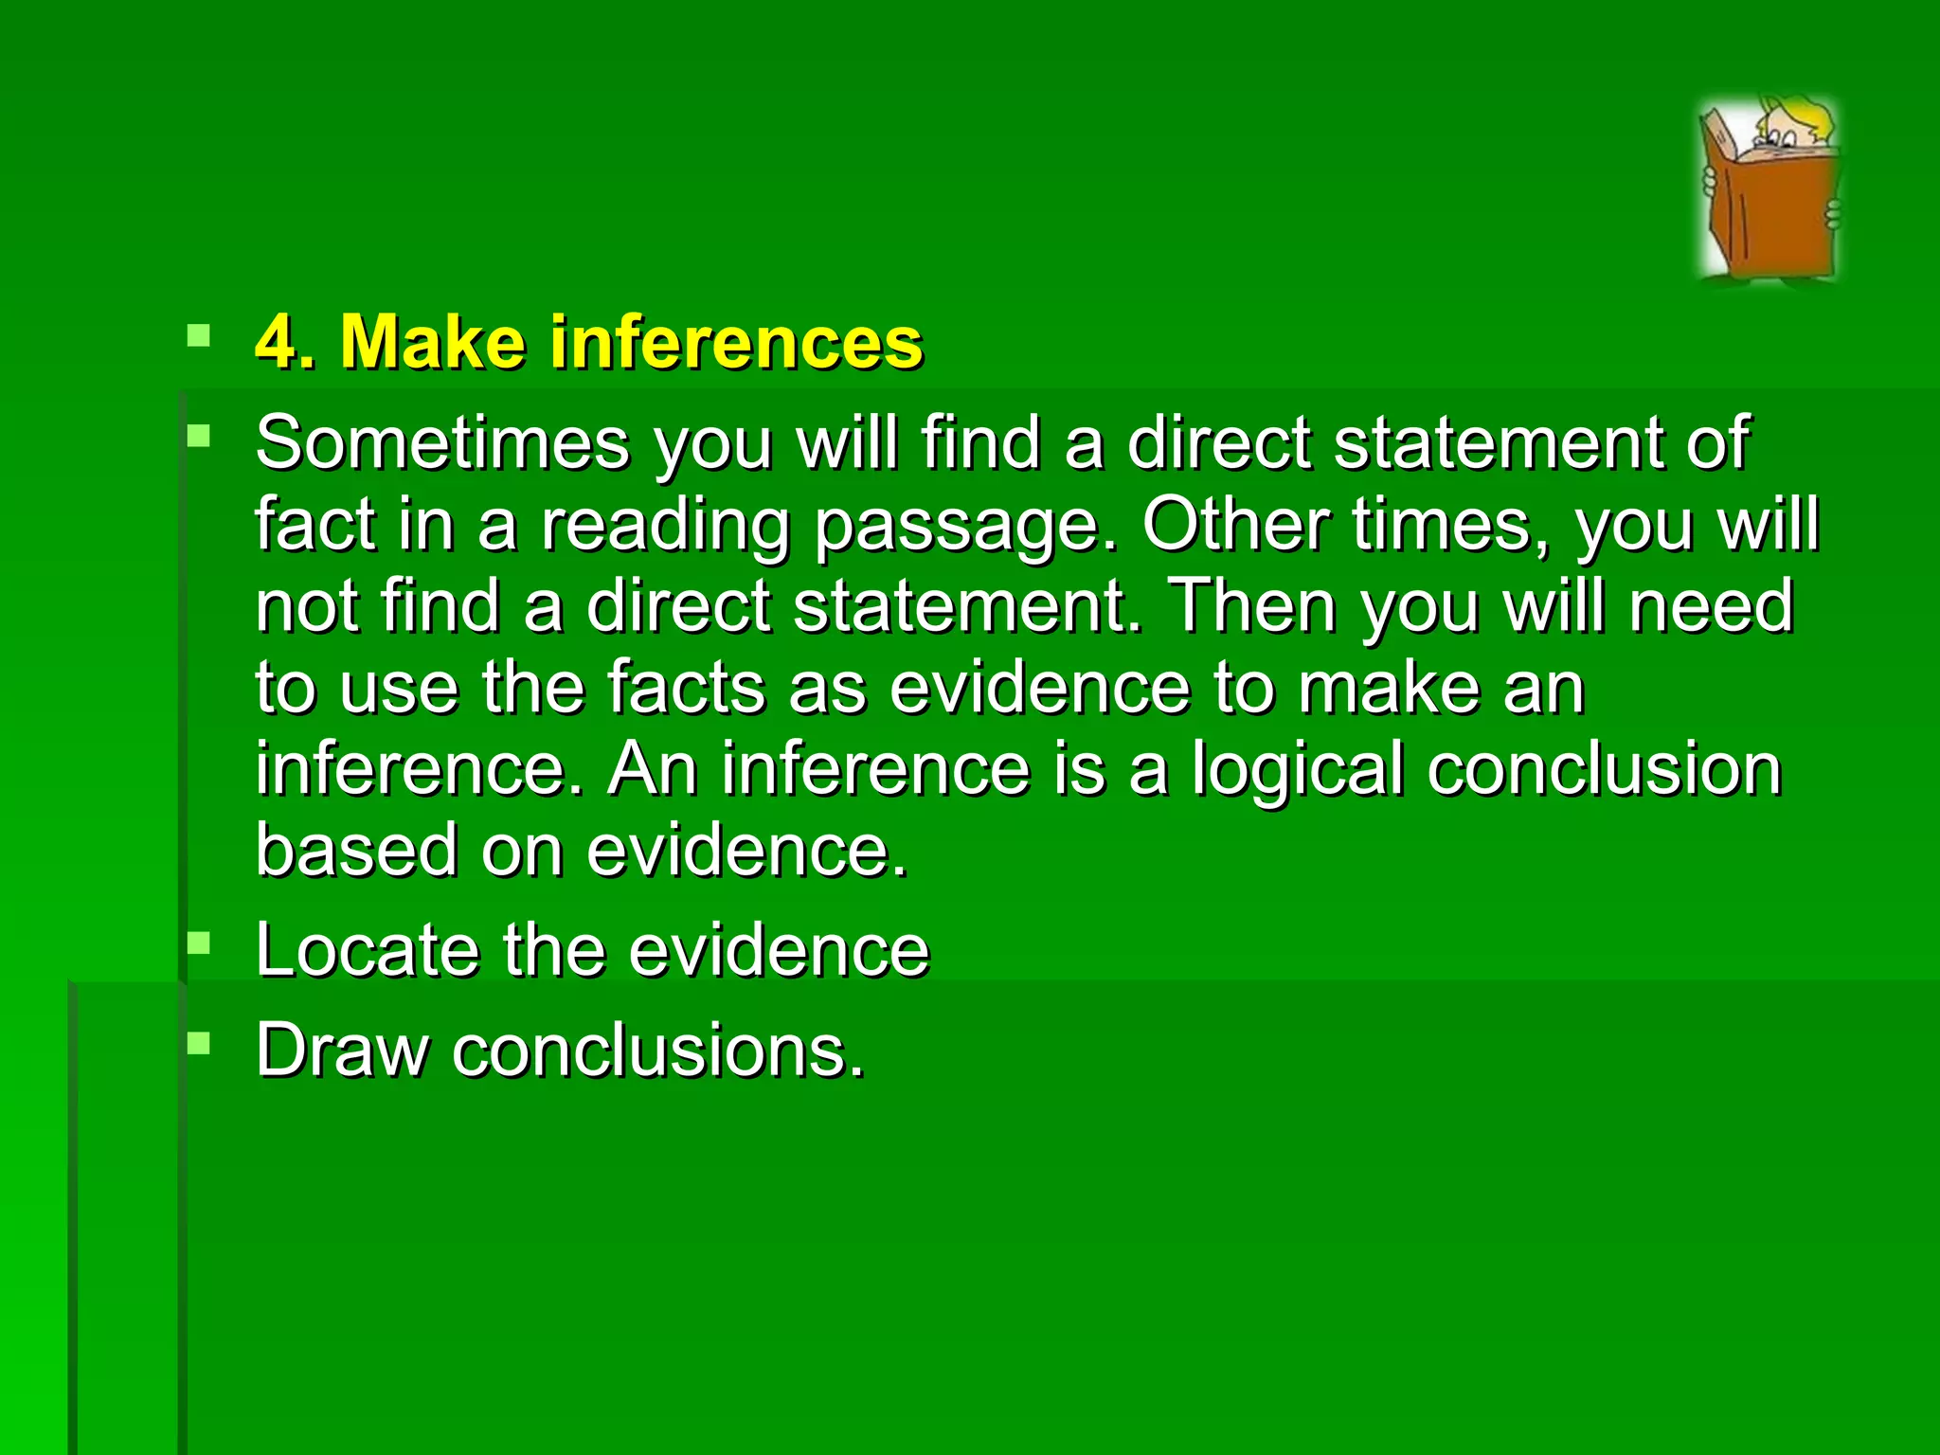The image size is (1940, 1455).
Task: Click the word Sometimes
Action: pos(442,442)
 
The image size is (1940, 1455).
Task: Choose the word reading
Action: pos(665,527)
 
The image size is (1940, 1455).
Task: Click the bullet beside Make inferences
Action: pos(199,335)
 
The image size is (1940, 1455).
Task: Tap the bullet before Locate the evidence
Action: pos(199,943)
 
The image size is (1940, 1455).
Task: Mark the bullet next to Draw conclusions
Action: pos(199,1044)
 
